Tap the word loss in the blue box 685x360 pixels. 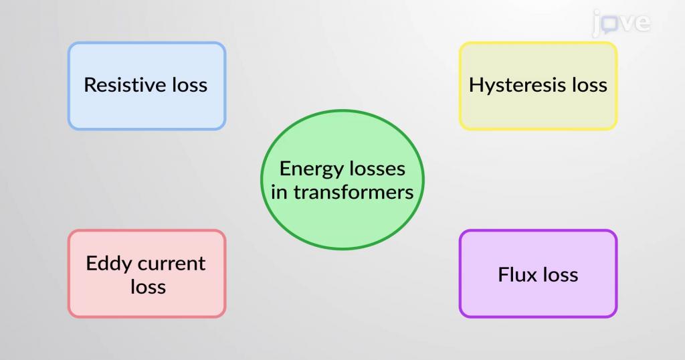tap(189, 85)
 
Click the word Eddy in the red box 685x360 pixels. tap(108, 264)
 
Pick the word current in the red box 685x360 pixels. tap(171, 264)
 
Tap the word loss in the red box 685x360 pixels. tap(148, 287)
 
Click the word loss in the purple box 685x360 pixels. tap(560, 275)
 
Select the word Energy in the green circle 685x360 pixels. tap(306, 169)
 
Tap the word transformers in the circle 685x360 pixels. tap(353, 192)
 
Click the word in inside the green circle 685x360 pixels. tap(279, 192)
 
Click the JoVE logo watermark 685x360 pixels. tap(621, 23)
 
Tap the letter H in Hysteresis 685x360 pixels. tap(476, 85)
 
